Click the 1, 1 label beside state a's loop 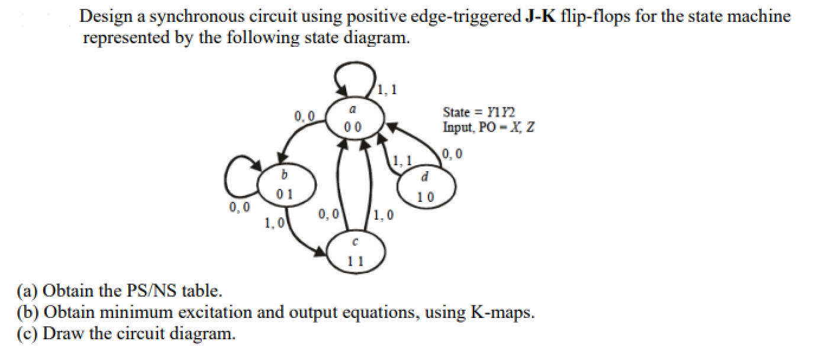click(x=388, y=91)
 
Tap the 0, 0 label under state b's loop click(x=239, y=207)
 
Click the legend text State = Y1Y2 click(x=479, y=112)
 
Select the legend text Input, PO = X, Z click(x=488, y=127)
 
